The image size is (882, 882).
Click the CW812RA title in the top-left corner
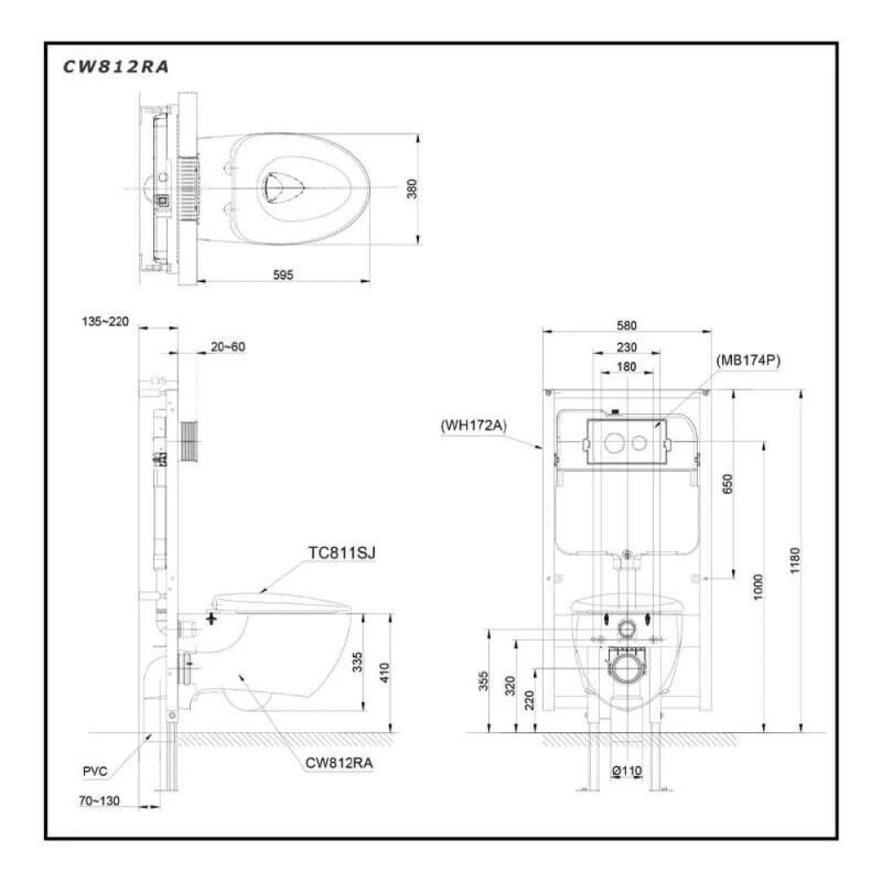click(116, 67)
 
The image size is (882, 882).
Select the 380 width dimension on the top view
click(412, 188)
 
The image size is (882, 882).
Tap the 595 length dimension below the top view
click(283, 275)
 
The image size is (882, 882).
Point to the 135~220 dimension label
click(105, 321)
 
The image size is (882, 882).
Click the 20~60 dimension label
click(227, 346)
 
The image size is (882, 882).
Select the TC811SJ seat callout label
click(341, 553)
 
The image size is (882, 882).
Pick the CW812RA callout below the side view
click(339, 763)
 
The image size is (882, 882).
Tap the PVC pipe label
click(94, 771)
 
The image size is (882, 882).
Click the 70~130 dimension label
click(100, 801)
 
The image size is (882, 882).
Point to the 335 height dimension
click(357, 663)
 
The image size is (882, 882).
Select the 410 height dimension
click(385, 672)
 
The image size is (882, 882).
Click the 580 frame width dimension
click(627, 326)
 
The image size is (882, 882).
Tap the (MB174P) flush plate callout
click(748, 361)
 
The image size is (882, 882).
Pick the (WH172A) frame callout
click(473, 425)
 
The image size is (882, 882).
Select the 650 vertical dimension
click(728, 483)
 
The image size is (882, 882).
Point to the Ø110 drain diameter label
click(626, 770)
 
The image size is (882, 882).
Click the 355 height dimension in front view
click(483, 681)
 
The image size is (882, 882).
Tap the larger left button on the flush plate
click(614, 442)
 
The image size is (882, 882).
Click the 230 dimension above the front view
click(627, 347)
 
